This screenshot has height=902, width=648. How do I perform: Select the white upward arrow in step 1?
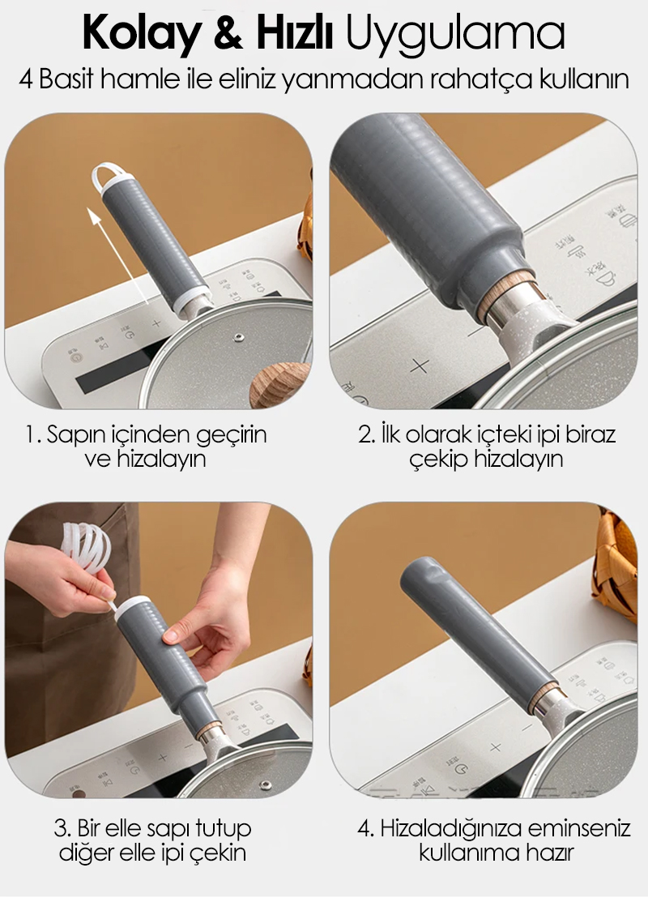click(117, 256)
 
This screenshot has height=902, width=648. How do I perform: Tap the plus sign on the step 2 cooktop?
click(420, 366)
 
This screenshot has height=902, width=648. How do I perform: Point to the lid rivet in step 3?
click(265, 785)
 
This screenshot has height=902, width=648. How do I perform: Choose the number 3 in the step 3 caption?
click(61, 829)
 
